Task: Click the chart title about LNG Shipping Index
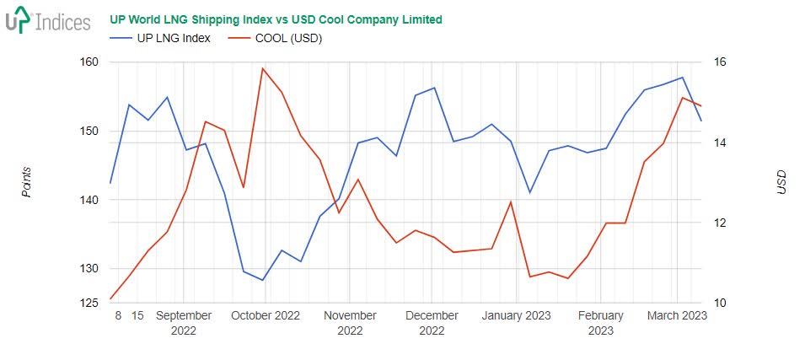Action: tap(276, 19)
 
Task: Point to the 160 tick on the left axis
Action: tap(89, 62)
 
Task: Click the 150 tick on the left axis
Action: tap(89, 132)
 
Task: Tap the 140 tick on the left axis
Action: tap(89, 201)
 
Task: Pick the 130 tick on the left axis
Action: tap(89, 269)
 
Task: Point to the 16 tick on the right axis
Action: tap(721, 62)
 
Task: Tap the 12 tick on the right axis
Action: tap(721, 223)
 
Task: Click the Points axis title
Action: tap(26, 182)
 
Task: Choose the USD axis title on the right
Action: tap(781, 182)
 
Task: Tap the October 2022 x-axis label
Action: tap(266, 316)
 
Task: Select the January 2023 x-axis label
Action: tap(516, 316)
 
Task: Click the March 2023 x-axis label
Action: tap(677, 316)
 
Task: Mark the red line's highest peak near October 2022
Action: tap(263, 68)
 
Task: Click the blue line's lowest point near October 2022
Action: tap(263, 280)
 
